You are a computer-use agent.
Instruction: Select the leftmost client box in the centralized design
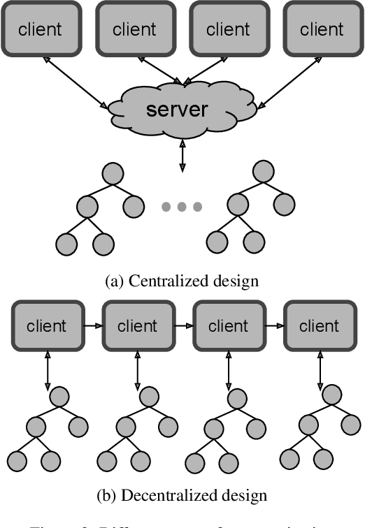[40, 29]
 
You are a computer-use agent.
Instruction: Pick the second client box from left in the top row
[134, 29]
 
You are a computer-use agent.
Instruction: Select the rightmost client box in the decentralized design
[317, 326]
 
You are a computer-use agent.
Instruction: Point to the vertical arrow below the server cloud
[182, 154]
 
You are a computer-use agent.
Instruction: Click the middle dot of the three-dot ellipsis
[182, 207]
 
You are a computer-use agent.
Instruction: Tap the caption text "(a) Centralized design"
[182, 281]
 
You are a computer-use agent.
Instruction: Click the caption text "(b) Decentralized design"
[182, 496]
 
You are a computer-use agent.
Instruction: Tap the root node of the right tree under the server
[262, 172]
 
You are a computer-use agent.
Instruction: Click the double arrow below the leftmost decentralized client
[47, 369]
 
